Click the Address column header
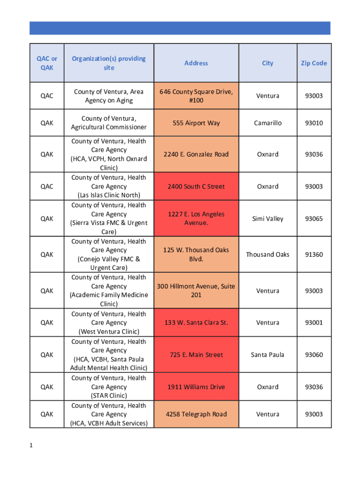[196, 63]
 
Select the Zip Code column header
[314, 63]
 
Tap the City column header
[267, 63]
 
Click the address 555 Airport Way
[196, 123]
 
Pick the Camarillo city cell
[267, 123]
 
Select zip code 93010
[314, 123]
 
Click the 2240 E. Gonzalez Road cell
[196, 154]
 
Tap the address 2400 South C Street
[196, 187]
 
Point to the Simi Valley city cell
[267, 219]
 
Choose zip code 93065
[314, 219]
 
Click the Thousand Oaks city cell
[267, 254]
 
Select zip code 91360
[314, 254]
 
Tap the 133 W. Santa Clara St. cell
[196, 323]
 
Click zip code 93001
[314, 323]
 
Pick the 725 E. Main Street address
[196, 355]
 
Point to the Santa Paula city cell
[267, 355]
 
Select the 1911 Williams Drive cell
[196, 387]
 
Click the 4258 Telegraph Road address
[196, 414]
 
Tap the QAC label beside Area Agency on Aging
[47, 96]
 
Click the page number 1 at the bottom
[31, 445]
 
